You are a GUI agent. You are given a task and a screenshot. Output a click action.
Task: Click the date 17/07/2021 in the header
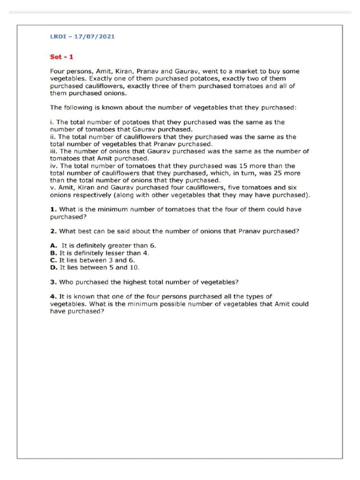(x=96, y=36)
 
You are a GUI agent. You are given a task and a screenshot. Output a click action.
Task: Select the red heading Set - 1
(x=62, y=57)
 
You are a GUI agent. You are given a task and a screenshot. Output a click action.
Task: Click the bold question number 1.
(x=53, y=209)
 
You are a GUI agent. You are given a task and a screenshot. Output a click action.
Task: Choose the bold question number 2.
(x=53, y=231)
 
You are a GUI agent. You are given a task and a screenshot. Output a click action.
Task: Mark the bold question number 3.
(x=53, y=282)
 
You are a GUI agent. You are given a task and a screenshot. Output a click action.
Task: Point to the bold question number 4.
(x=53, y=297)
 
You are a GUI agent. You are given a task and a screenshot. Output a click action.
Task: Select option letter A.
(x=53, y=246)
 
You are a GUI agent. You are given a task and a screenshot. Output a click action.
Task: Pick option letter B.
(x=53, y=253)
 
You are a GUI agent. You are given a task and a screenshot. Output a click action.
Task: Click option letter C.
(x=53, y=260)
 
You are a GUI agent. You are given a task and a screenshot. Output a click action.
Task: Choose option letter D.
(x=53, y=267)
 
